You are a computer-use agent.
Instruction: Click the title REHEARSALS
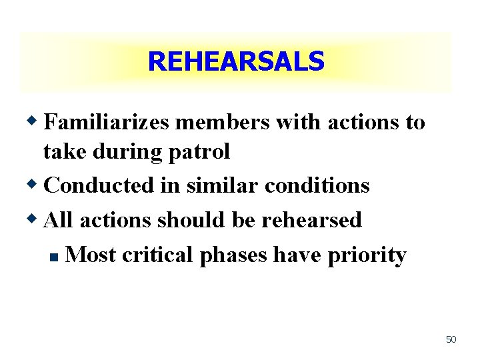[x=235, y=62]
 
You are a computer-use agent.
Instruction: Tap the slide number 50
[x=451, y=339]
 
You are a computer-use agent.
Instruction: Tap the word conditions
[x=317, y=185]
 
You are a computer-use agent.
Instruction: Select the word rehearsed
[x=311, y=220]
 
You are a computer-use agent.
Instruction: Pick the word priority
[x=367, y=255]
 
